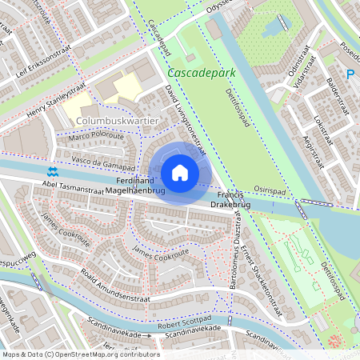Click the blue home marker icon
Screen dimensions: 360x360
click(180, 173)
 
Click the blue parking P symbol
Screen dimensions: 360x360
click(350, 75)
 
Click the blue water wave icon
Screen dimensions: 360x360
click(53, 172)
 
